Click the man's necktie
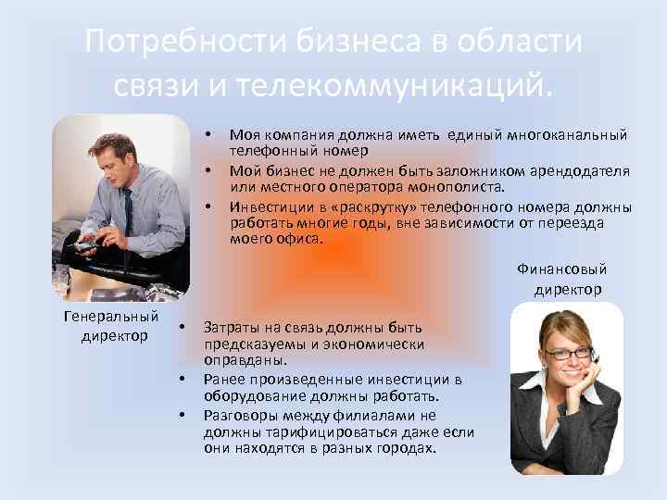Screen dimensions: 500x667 (127, 207)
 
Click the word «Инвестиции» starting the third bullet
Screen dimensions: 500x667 (265, 206)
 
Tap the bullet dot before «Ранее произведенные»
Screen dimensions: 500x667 (182, 380)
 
